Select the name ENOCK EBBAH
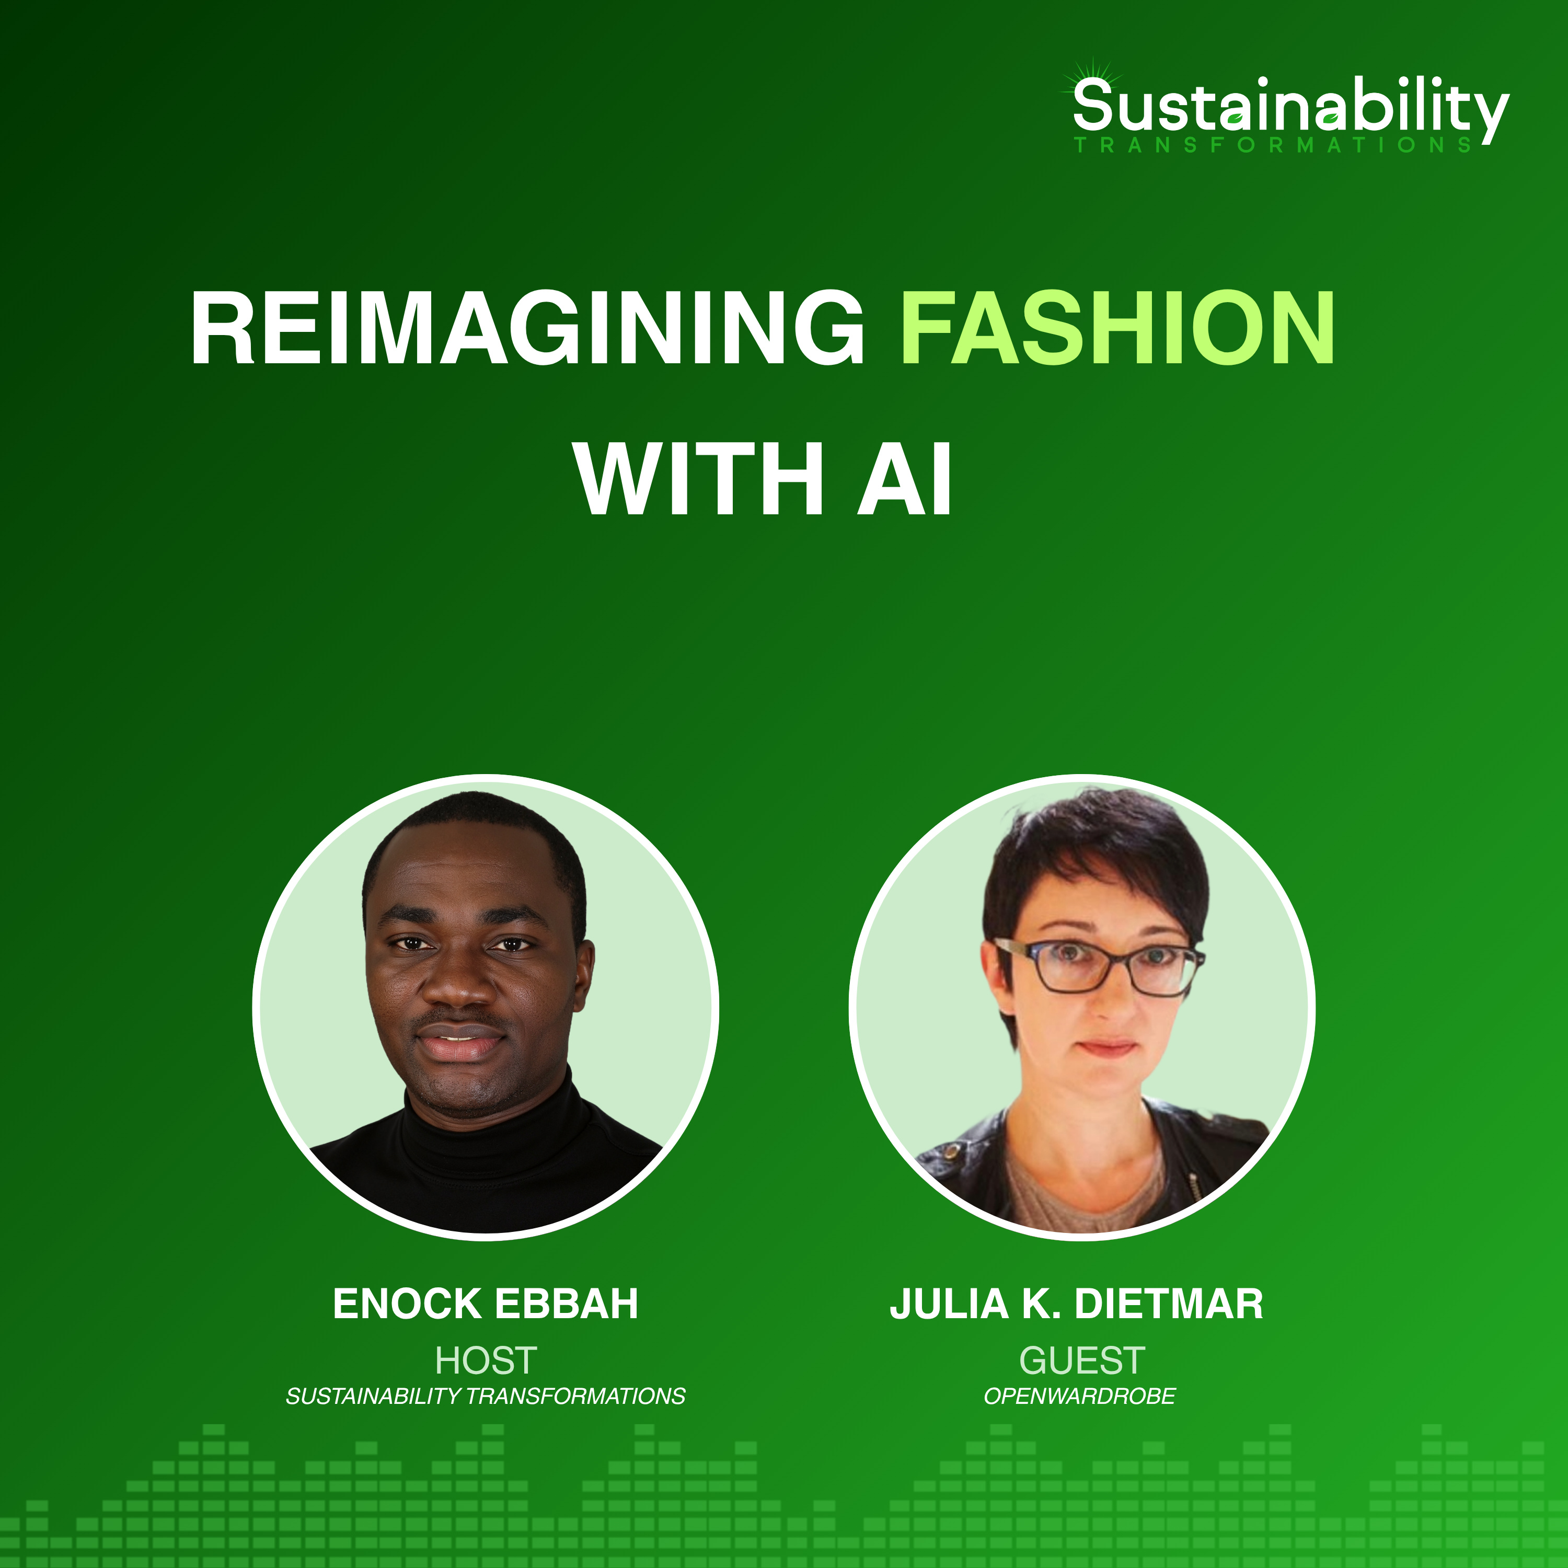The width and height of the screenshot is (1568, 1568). pos(486,1304)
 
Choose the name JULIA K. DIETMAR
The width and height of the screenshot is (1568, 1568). pos(1076,1304)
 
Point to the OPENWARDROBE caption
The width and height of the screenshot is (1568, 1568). pos(1079,1397)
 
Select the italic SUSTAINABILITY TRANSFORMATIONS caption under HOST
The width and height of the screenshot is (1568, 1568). pos(486,1397)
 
